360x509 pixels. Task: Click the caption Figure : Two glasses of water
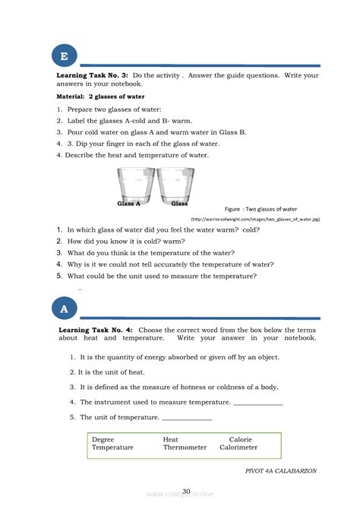[261, 208]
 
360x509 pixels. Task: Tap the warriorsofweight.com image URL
[266, 218]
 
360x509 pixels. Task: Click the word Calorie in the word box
[241, 439]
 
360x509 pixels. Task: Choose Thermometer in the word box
[185, 447]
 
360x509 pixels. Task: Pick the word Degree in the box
[103, 439]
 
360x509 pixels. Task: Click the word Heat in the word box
[171, 439]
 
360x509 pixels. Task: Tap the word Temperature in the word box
[112, 447]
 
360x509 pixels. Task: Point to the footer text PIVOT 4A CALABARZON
[281, 471]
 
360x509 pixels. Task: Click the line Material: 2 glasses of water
[100, 97]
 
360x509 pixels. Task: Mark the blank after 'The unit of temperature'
[187, 419]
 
